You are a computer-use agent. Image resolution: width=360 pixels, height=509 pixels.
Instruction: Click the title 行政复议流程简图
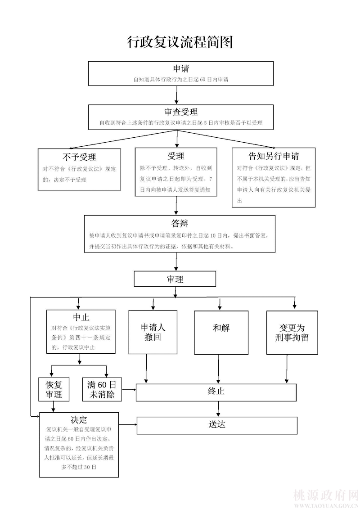(x=180, y=42)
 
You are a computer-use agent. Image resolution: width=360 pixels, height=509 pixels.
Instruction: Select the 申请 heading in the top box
(x=181, y=69)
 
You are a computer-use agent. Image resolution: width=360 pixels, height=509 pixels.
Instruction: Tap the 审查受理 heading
(x=181, y=112)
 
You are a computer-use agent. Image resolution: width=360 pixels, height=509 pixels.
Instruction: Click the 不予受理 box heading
(x=79, y=157)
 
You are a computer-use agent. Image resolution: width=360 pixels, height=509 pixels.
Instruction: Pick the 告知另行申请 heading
(x=274, y=156)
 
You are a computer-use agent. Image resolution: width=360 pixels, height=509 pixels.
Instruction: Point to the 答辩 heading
(x=180, y=224)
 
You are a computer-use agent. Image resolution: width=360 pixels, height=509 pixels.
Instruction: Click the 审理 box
(x=175, y=279)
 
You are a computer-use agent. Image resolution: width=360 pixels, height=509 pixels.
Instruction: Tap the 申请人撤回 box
(x=153, y=332)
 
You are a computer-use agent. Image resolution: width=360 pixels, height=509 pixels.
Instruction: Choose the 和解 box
(x=221, y=328)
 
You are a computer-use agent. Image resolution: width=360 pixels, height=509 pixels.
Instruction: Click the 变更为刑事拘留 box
(x=292, y=332)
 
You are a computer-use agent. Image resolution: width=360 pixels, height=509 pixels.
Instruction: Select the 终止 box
(x=216, y=392)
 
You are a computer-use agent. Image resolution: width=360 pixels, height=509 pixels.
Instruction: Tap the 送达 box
(x=217, y=425)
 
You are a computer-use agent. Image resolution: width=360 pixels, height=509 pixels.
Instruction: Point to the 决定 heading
(x=79, y=419)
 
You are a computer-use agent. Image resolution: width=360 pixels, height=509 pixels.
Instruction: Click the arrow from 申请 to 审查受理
(x=177, y=95)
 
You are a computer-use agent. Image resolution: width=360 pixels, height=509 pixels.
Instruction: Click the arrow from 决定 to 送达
(x=128, y=424)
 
